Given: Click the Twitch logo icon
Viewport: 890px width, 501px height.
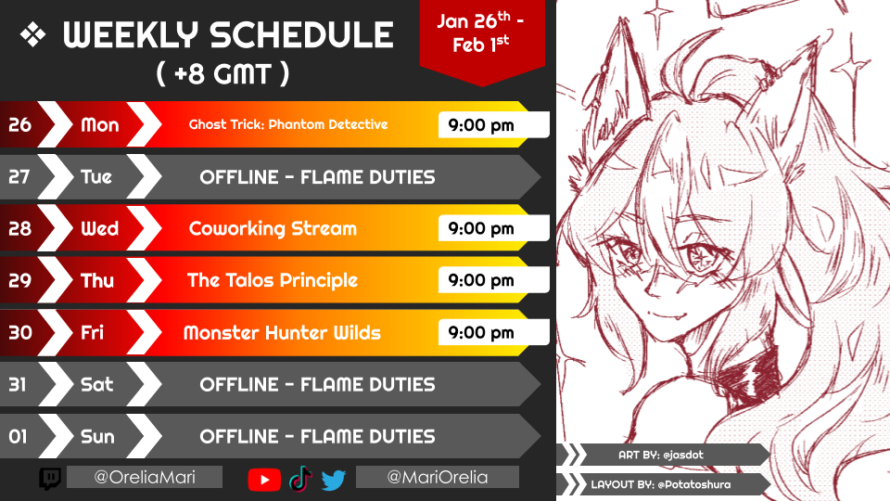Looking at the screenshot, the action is pyautogui.click(x=50, y=479).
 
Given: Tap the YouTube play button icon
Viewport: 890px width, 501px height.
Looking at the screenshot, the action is pyautogui.click(x=264, y=480).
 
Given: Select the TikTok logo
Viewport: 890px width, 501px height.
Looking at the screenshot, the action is pyautogui.click(x=300, y=479).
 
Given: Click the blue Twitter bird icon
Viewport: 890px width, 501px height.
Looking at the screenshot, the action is pyautogui.click(x=333, y=480).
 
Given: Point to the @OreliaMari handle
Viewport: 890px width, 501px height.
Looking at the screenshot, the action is pyautogui.click(x=145, y=477).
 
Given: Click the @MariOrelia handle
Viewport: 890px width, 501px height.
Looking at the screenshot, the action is pyautogui.click(x=437, y=477).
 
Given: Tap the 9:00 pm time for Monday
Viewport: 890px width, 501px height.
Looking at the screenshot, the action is pyautogui.click(x=481, y=125).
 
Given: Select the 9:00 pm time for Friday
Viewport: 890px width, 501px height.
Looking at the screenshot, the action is pyautogui.click(x=481, y=332).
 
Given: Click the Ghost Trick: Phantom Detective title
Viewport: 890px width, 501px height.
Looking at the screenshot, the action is pyautogui.click(x=288, y=124).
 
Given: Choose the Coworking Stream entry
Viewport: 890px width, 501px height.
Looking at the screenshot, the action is pyautogui.click(x=273, y=228).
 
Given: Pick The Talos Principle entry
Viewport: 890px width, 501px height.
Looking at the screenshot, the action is pyautogui.click(x=273, y=280).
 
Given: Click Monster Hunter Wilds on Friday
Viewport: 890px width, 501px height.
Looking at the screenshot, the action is pyautogui.click(x=282, y=332).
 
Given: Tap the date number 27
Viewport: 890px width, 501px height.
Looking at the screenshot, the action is pyautogui.click(x=19, y=176).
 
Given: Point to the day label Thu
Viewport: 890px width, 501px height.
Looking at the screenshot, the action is pyautogui.click(x=97, y=280).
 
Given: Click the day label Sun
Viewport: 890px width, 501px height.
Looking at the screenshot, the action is pyautogui.click(x=97, y=436).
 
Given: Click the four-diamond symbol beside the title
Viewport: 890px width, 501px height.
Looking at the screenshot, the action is pyautogui.click(x=33, y=34).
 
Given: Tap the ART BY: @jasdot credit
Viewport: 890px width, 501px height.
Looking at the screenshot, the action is pyautogui.click(x=661, y=455).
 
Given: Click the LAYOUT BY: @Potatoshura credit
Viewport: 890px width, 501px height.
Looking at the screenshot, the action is pyautogui.click(x=661, y=484).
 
